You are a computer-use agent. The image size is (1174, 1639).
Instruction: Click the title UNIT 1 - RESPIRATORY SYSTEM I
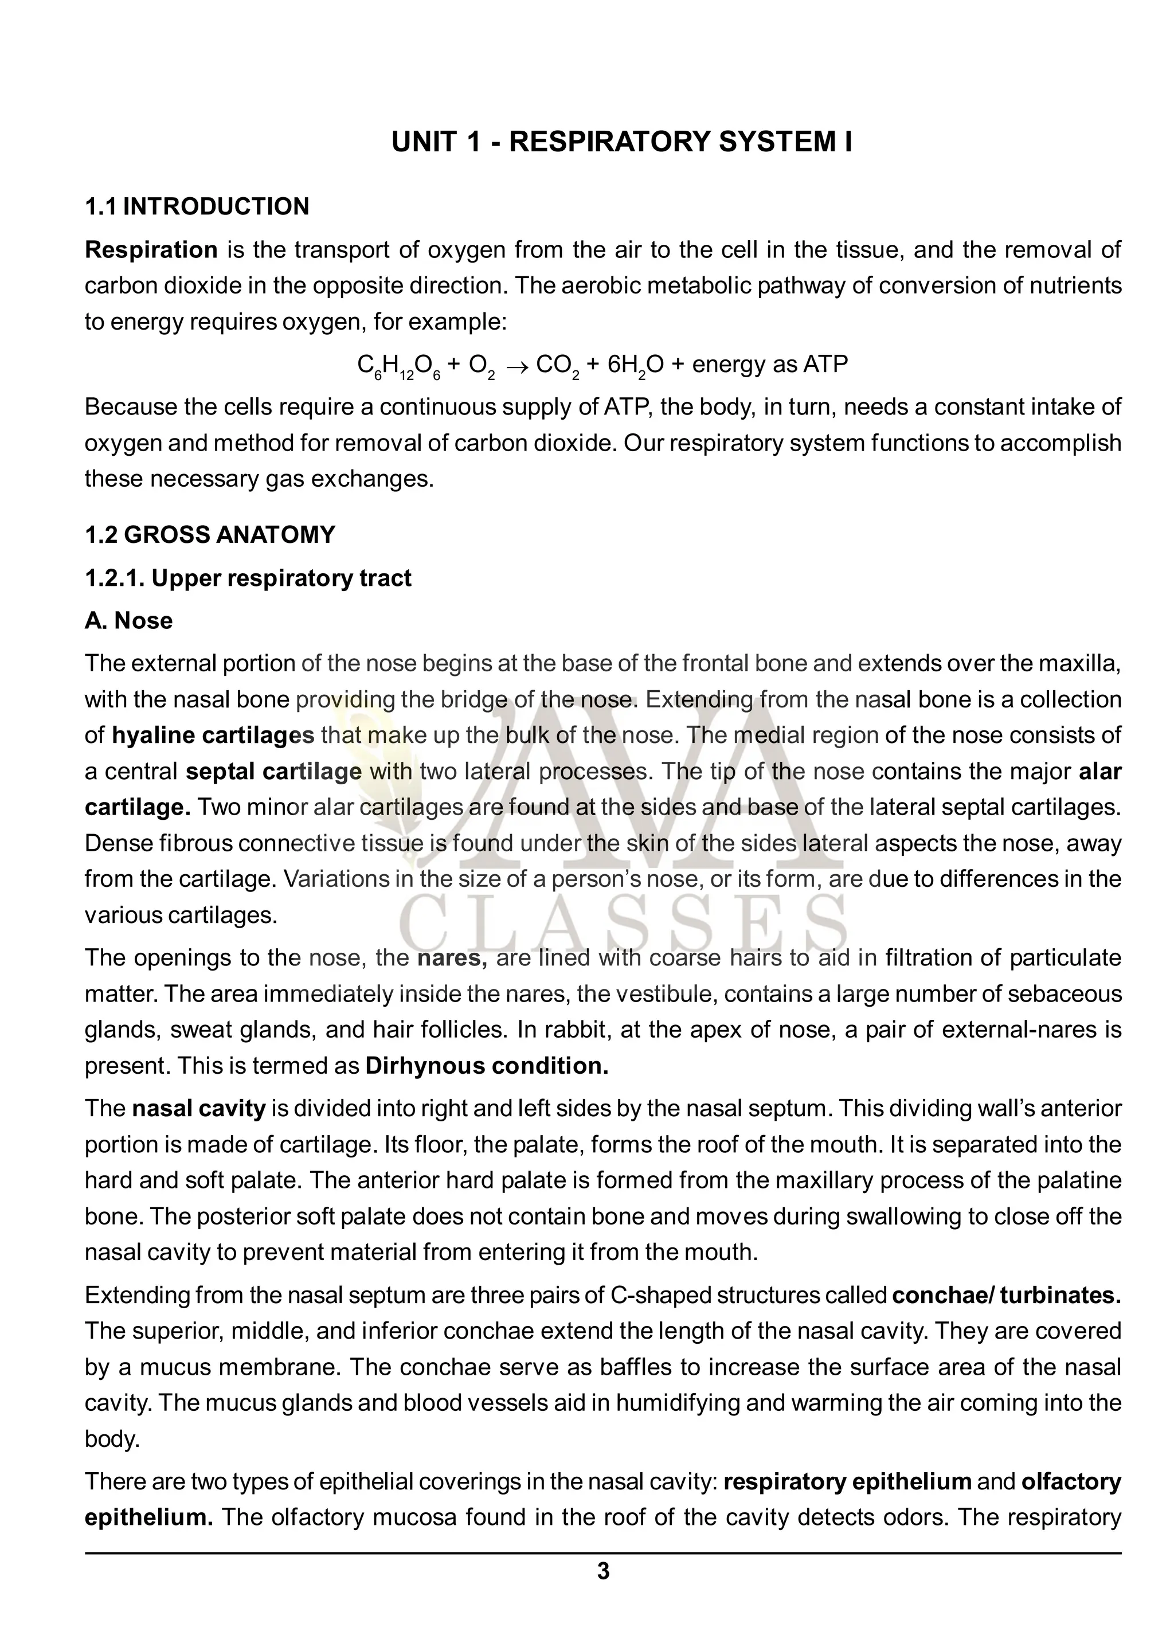(621, 142)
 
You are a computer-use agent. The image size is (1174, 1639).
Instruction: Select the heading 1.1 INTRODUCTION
(197, 207)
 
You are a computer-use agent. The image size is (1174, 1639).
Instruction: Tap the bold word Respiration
(151, 250)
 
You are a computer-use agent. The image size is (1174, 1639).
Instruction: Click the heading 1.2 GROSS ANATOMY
(209, 535)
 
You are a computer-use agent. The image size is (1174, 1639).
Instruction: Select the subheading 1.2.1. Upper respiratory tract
(248, 578)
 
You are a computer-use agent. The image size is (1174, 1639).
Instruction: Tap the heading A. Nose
(128, 621)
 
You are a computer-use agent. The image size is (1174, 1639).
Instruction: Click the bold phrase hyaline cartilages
(213, 736)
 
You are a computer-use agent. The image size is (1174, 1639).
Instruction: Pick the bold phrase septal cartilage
(273, 772)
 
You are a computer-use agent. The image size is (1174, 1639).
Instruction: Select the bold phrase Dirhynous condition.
(487, 1066)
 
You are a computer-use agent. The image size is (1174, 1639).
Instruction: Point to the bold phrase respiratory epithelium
(847, 1481)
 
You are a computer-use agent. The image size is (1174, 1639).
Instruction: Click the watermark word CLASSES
(621, 924)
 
